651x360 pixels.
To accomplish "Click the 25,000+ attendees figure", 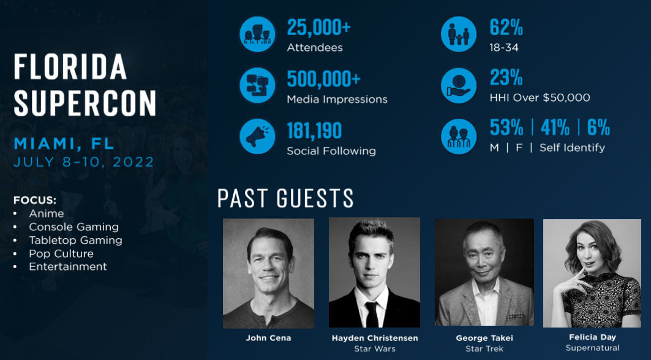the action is pyautogui.click(x=318, y=28).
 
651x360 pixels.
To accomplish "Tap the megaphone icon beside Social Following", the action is pyautogui.click(x=257, y=137).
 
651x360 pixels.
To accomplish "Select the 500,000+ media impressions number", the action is pyautogui.click(x=323, y=79).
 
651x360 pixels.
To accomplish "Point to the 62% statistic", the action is pyautogui.click(x=506, y=28).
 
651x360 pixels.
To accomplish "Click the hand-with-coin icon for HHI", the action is pyautogui.click(x=459, y=85).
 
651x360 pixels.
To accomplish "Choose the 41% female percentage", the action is pyautogui.click(x=555, y=127).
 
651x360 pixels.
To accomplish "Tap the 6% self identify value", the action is pyautogui.click(x=598, y=127).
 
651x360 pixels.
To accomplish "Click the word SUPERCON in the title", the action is pyautogui.click(x=85, y=103).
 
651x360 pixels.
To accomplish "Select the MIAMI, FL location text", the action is pyautogui.click(x=64, y=144).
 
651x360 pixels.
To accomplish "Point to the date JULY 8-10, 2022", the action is pyautogui.click(x=84, y=162).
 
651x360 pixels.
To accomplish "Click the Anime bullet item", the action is pyautogui.click(x=46, y=214).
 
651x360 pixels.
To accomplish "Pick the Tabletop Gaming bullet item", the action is pyautogui.click(x=75, y=240).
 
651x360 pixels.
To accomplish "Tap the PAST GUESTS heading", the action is pyautogui.click(x=285, y=198).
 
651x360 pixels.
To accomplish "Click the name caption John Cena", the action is pyautogui.click(x=268, y=338).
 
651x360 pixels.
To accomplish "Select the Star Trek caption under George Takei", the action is pyautogui.click(x=484, y=349).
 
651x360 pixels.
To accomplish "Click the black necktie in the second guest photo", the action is pyautogui.click(x=372, y=313).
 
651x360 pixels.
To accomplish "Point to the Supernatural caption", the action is pyautogui.click(x=592, y=348).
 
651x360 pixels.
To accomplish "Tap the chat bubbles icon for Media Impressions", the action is pyautogui.click(x=257, y=86).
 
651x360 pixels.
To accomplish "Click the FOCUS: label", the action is pyautogui.click(x=35, y=200).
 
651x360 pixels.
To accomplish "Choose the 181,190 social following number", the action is pyautogui.click(x=314, y=130).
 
